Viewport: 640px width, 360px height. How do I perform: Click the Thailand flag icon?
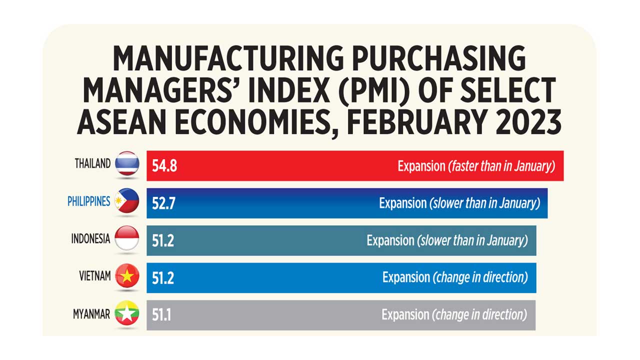[127, 163]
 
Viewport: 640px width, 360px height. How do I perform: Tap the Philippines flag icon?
[127, 201]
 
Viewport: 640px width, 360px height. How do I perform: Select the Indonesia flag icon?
[127, 238]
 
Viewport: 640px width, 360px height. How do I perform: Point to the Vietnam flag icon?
[127, 275]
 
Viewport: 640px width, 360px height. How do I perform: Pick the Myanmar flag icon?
[127, 313]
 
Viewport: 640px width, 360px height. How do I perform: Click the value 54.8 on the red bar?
[164, 166]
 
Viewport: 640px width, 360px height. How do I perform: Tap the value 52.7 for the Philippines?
[163, 203]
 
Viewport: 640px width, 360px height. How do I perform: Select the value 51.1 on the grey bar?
[161, 315]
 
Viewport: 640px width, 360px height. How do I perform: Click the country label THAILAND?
[92, 164]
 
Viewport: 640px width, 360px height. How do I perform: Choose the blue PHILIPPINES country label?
[88, 201]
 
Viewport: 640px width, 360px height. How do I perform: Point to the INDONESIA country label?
[90, 239]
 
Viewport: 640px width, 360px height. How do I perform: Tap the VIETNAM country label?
[95, 276]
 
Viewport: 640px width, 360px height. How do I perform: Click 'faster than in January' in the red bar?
[502, 166]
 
